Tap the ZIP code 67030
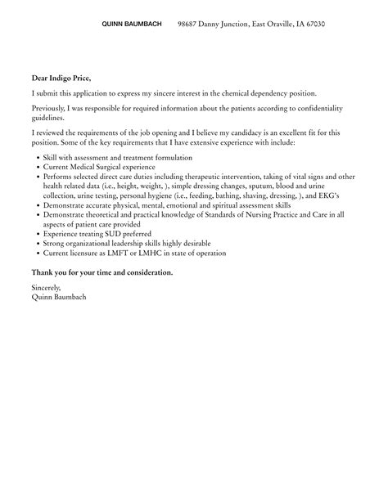(x=314, y=25)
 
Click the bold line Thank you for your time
(x=102, y=272)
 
